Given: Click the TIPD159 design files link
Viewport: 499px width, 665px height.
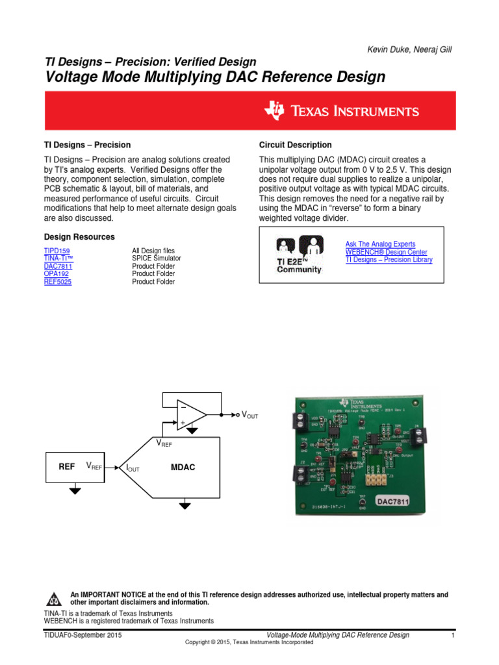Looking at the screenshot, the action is (57, 251).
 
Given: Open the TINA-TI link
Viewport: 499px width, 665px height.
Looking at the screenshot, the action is (58, 258).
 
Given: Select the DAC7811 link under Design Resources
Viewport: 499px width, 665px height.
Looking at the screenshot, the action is (58, 266).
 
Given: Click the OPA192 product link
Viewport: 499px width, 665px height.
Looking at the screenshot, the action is (57, 274).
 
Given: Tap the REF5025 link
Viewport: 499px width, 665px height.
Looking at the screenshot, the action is (58, 282).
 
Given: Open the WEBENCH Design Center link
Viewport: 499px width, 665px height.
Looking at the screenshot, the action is (387, 252).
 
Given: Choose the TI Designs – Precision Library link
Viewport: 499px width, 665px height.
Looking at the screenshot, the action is (389, 260).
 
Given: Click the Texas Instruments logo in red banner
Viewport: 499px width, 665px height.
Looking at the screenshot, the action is (341, 111).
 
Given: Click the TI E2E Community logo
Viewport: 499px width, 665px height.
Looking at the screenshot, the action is (300, 255).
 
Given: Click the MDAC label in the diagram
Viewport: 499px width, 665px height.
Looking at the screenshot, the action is (183, 467).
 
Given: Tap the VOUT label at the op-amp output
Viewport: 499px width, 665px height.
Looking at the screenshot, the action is (250, 415).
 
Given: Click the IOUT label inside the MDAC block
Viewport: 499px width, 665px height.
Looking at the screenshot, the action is (133, 468).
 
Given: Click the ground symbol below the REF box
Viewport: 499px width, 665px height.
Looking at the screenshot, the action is (75, 491).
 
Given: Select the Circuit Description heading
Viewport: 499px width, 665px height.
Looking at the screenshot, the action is (295, 145).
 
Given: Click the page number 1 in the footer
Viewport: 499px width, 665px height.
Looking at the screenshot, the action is (452, 635).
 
